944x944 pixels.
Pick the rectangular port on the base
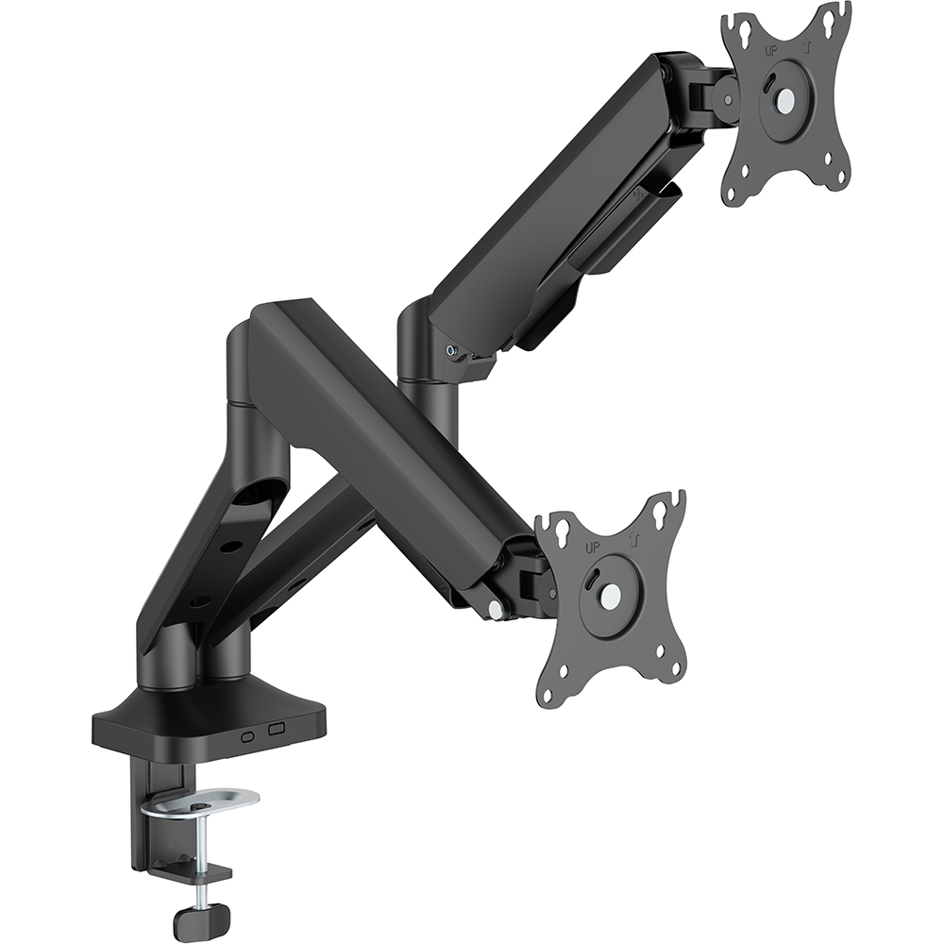click(x=276, y=730)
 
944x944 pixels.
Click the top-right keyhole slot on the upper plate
click(x=833, y=18)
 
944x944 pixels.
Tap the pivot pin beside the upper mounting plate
click(x=729, y=95)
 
